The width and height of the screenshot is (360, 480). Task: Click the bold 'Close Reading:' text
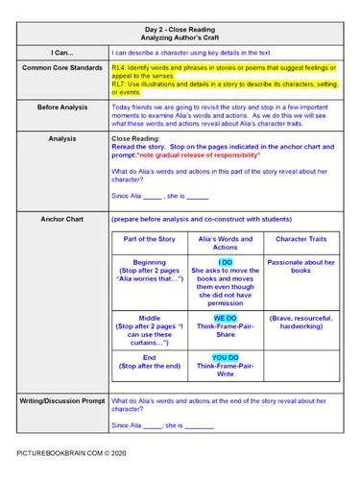point(137,138)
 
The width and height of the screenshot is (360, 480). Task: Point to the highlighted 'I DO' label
point(225,262)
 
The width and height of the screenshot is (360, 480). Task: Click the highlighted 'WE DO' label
point(225,317)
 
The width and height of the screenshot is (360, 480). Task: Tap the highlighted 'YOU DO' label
point(225,358)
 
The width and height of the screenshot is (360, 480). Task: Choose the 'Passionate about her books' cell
point(301,267)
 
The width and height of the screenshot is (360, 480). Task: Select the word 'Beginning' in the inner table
point(149,262)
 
